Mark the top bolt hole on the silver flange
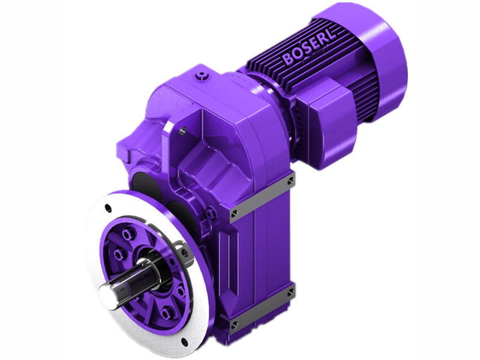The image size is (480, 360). coord(107,208)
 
